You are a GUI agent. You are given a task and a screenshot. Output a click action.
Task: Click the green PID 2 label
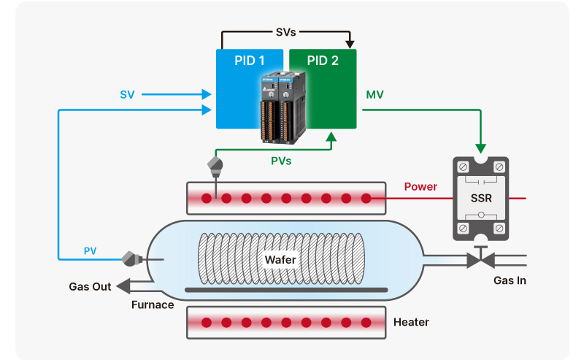[x=321, y=61]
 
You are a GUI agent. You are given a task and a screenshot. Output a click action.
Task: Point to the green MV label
[x=374, y=94]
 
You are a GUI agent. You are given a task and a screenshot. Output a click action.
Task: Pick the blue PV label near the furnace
[x=90, y=251]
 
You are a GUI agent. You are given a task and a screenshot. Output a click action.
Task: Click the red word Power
[x=420, y=187]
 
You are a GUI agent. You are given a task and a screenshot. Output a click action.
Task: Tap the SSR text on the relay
[x=480, y=199]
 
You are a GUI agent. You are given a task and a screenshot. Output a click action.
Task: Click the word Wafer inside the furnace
[x=280, y=259]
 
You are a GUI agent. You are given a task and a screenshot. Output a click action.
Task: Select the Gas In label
[x=510, y=280]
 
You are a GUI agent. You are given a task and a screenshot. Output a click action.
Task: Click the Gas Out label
[x=90, y=287]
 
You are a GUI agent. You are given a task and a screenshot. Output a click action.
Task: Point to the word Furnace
[x=153, y=305]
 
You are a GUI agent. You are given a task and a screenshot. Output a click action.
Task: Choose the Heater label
[x=411, y=322]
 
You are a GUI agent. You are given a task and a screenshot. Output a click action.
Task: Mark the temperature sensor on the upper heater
[x=215, y=165]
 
